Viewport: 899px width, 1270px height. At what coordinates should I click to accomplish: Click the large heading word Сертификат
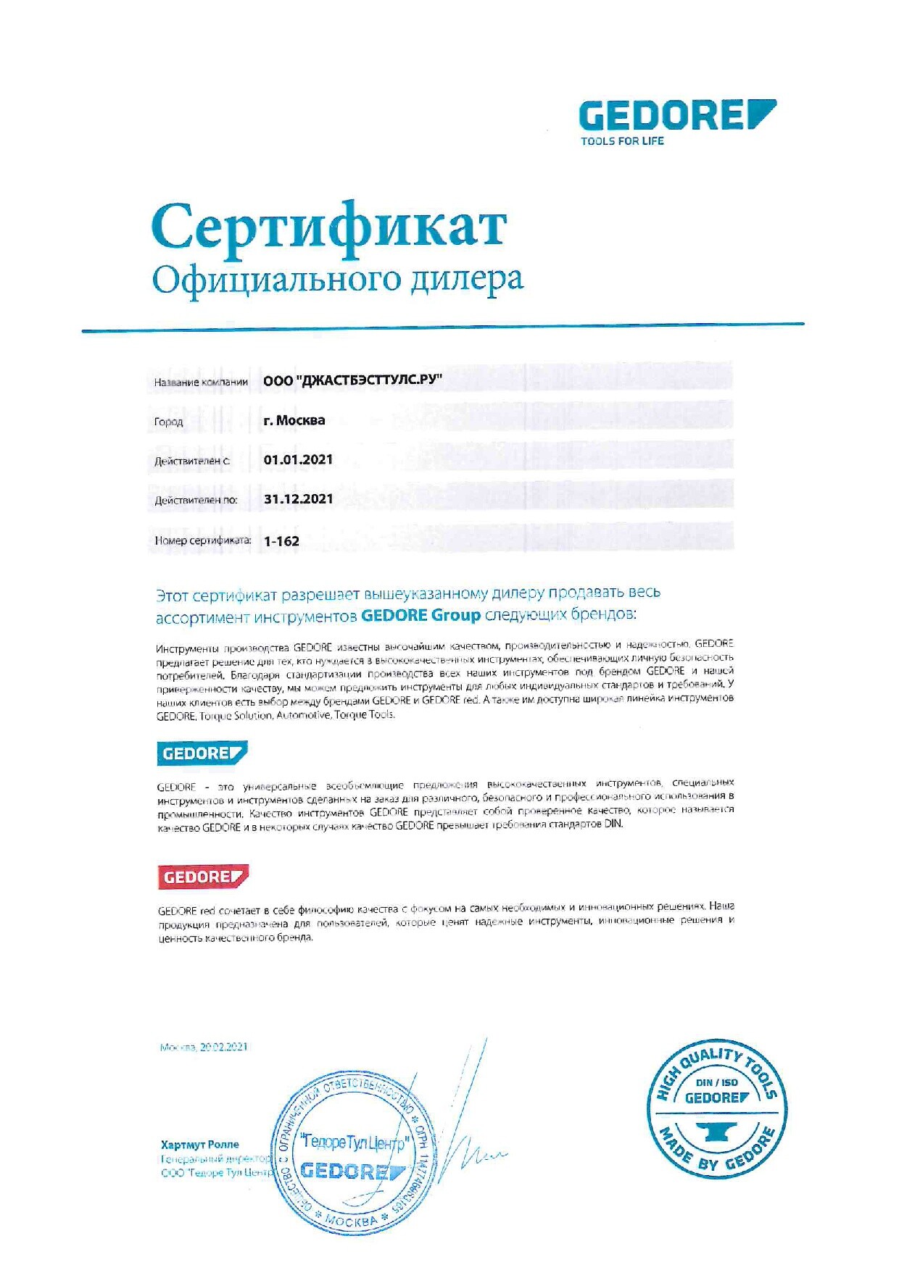[x=328, y=227]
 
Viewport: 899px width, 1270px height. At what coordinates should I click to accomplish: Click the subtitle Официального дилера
[x=337, y=280]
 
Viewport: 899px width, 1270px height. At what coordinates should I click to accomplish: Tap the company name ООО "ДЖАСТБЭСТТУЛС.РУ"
[x=352, y=380]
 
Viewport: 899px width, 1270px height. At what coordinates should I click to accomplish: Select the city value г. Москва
[x=294, y=420]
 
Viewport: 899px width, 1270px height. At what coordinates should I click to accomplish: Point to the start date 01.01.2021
[x=298, y=459]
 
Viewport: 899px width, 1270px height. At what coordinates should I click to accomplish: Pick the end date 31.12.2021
[x=298, y=498]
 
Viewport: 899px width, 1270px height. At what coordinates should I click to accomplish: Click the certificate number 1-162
[x=281, y=540]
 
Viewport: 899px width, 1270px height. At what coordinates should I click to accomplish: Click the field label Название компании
[x=201, y=382]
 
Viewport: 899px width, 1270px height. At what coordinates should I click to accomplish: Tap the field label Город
[x=168, y=422]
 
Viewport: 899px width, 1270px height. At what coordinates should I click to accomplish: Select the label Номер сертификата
[x=203, y=540]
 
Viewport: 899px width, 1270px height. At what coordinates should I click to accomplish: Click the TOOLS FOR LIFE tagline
[x=622, y=141]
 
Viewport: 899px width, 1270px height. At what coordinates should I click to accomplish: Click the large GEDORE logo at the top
[x=676, y=116]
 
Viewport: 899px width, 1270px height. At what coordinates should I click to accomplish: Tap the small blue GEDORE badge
[x=202, y=753]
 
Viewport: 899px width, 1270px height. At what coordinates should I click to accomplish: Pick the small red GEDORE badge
[x=203, y=877]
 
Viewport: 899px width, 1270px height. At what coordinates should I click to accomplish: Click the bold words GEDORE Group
[x=420, y=615]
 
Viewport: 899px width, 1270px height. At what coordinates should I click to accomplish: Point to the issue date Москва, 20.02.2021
[x=204, y=1047]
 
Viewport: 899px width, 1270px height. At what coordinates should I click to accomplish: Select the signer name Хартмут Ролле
[x=200, y=1145]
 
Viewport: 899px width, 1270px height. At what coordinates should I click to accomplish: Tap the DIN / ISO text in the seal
[x=716, y=1082]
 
